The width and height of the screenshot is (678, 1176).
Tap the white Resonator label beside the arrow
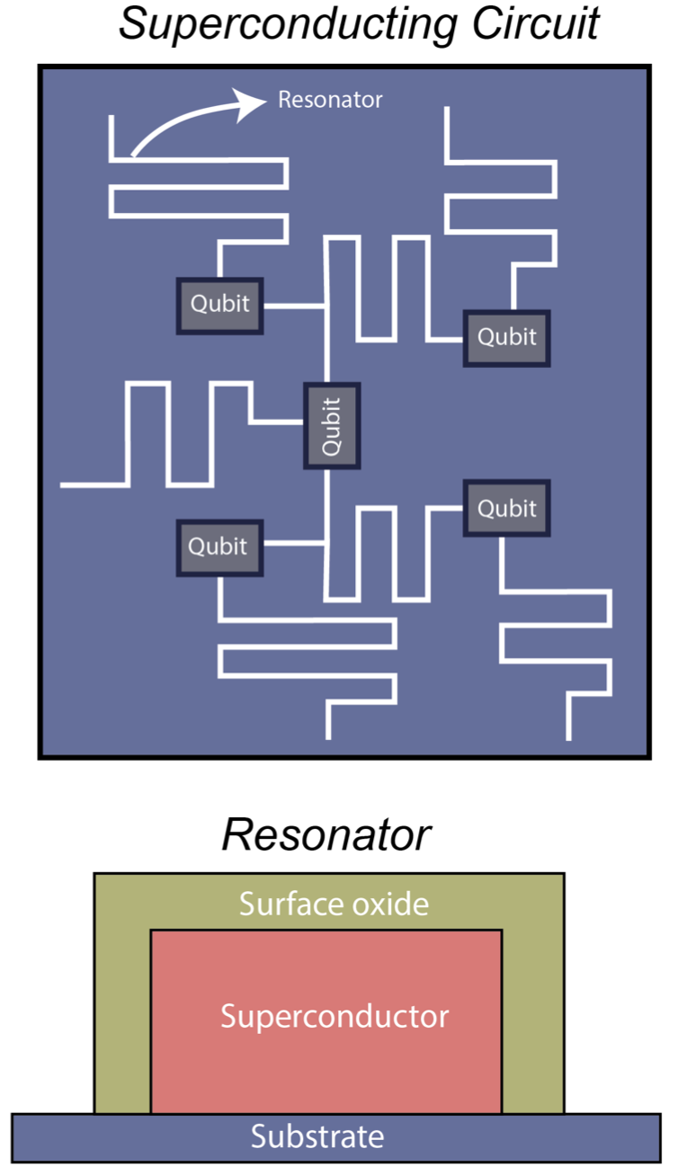pos(330,100)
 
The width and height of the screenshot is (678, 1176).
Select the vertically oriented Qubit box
pos(332,425)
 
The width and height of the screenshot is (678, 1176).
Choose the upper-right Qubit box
pos(506,337)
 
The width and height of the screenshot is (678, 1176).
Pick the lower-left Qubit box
pos(219,547)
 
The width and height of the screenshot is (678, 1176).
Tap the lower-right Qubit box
pos(506,509)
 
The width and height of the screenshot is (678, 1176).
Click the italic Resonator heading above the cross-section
pos(326,835)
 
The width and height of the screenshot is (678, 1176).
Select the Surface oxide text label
pos(334,903)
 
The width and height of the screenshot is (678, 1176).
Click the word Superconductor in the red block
pos(334,1017)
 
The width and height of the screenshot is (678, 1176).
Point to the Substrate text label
pos(317,1136)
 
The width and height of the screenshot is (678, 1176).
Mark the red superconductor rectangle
pos(326,1061)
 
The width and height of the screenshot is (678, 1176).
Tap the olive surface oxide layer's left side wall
pos(122,1016)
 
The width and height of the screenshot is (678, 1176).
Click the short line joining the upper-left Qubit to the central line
pos(294,307)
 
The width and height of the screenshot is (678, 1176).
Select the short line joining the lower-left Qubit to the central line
pos(294,544)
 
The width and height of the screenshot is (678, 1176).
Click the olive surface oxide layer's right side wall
pos(532,1016)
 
